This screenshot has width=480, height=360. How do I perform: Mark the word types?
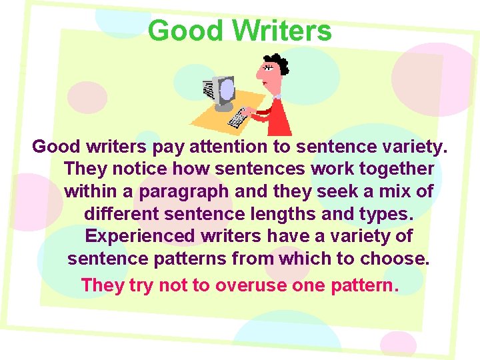point(389,214)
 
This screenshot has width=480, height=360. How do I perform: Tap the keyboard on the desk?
point(237,119)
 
